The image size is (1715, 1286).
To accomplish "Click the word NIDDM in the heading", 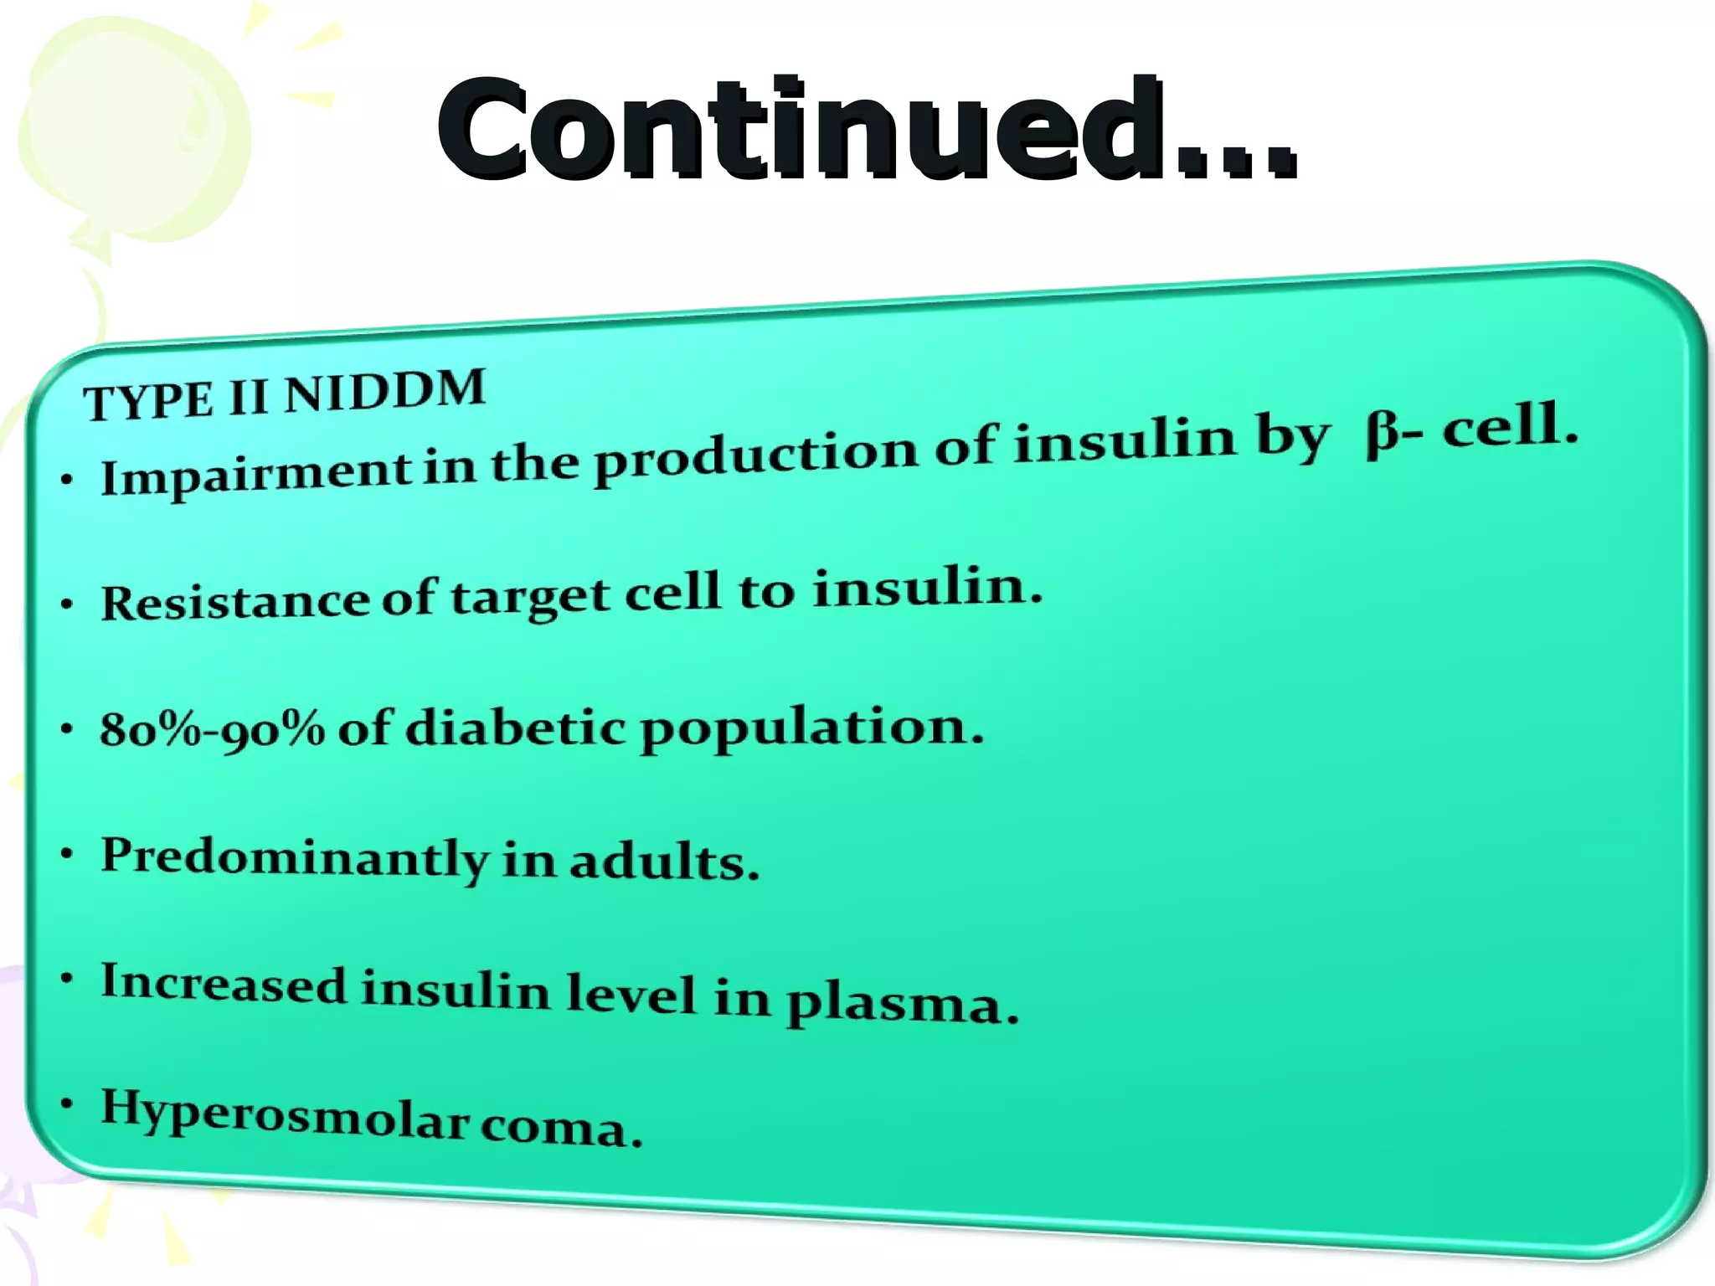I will [385, 392].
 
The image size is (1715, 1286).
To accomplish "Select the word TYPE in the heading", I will [149, 402].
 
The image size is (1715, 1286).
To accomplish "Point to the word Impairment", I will [255, 475].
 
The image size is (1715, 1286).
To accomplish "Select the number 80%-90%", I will [212, 729].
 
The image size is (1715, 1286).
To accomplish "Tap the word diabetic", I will [515, 727].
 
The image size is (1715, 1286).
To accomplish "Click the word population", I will [811, 728].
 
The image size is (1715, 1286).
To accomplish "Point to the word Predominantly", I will [294, 857].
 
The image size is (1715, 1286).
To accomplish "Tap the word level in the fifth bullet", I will [631, 994].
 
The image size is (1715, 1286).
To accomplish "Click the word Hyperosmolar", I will [285, 1114].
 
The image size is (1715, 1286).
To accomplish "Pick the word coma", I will [561, 1129].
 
